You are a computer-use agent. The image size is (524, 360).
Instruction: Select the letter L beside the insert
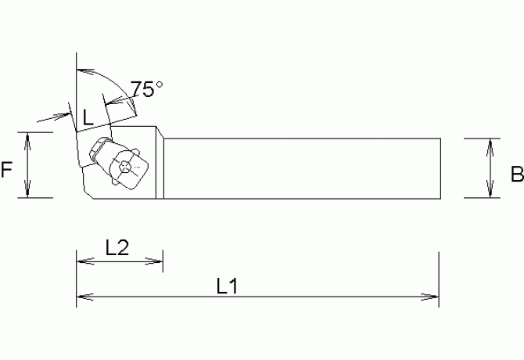point(88,117)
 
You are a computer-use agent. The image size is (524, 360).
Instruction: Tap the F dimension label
point(7,170)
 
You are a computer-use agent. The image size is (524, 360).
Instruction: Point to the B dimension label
point(516,175)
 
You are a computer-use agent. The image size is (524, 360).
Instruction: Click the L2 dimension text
point(117,247)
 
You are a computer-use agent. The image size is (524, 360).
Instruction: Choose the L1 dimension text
point(227,286)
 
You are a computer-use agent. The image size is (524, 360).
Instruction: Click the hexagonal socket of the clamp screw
point(127,166)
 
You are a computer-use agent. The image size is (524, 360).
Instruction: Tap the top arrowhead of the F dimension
point(28,138)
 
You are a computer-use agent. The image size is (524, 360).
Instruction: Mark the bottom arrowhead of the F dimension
point(28,193)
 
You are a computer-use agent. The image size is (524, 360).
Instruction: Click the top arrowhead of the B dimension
point(490,144)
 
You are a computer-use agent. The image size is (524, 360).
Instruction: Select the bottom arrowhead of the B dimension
point(490,193)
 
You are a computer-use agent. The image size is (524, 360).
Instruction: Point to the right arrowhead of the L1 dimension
point(432,297)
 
